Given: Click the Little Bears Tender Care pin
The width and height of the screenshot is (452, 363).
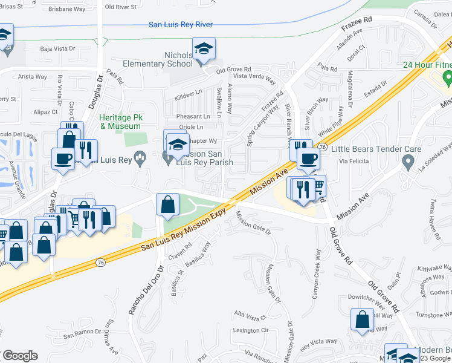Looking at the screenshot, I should [408, 162].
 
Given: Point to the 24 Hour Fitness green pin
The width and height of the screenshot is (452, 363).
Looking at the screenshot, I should [447, 77].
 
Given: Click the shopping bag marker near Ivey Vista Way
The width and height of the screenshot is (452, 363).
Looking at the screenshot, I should [363, 320].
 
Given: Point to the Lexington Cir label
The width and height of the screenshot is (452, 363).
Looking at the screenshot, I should [250, 330].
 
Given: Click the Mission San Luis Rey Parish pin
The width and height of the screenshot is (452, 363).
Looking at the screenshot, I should [169, 159].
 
